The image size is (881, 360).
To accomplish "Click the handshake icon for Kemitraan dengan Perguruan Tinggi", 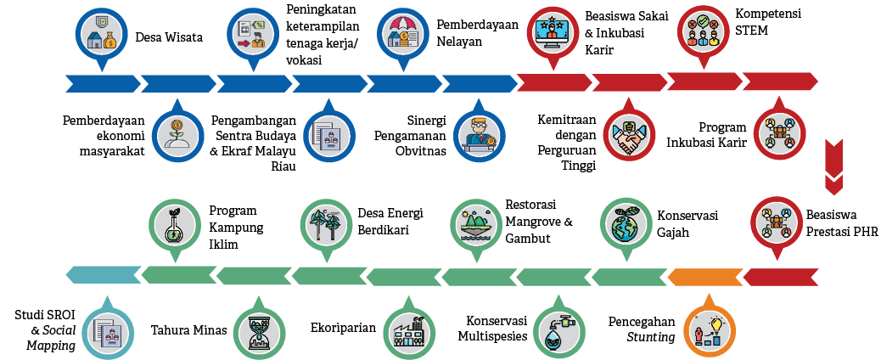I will pos(629,136).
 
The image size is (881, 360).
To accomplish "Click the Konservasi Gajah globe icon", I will pos(629,223).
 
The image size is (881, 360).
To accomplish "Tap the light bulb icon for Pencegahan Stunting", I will pos(706,327).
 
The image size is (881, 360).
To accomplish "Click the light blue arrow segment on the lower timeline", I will pos(102,274).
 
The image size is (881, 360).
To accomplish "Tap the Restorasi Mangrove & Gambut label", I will pos(538,222).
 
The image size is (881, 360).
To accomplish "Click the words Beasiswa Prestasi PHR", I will pos(841,223).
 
